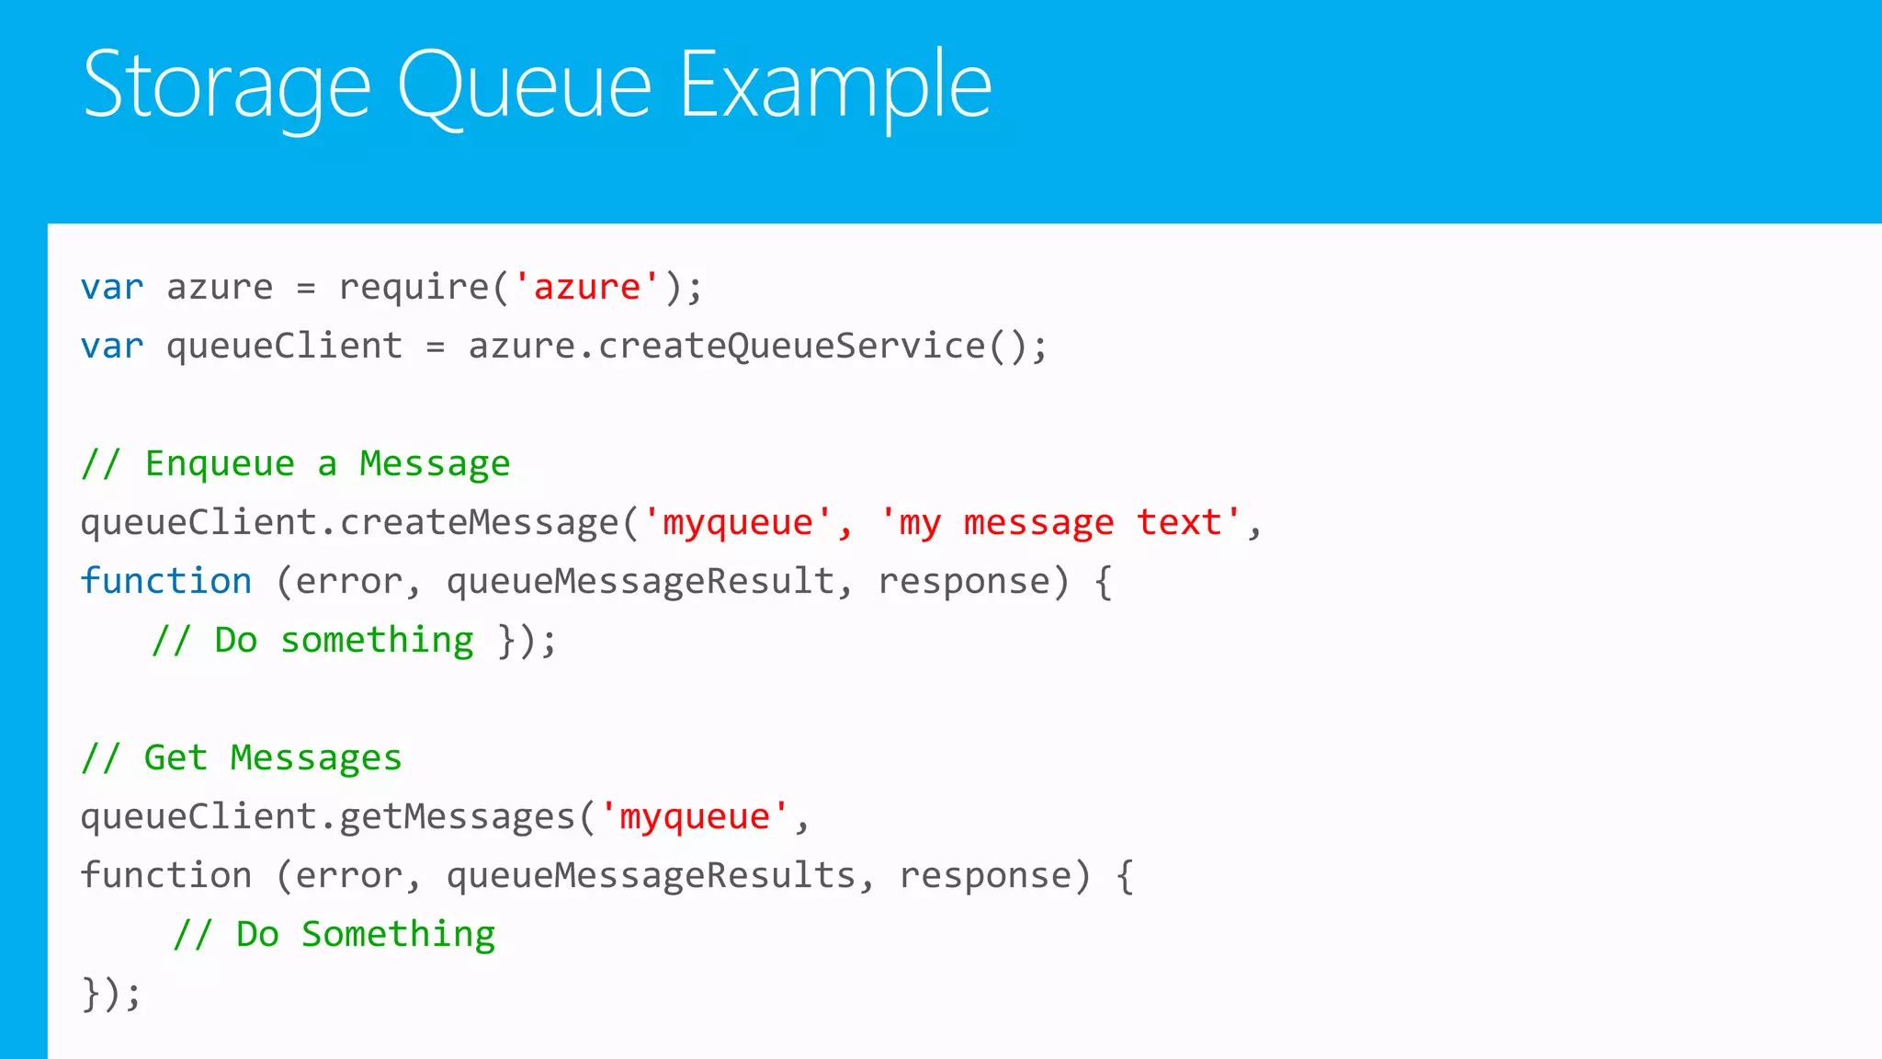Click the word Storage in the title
coord(226,85)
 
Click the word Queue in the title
coord(524,85)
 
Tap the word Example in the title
coord(835,85)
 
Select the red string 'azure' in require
coord(586,288)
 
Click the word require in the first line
coord(414,288)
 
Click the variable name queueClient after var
coord(284,347)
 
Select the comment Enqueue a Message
coord(296,464)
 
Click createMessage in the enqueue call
coord(479,523)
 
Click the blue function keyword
coord(166,582)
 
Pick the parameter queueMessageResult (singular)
coord(641,582)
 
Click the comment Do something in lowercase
coord(312,641)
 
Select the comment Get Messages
coord(242,758)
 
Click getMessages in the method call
coord(457,817)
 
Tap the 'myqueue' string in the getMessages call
coord(694,817)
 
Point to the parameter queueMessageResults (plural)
coord(652,876)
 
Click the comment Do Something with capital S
coord(334,935)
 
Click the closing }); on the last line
coord(111,994)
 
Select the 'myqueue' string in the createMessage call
coord(738,523)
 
